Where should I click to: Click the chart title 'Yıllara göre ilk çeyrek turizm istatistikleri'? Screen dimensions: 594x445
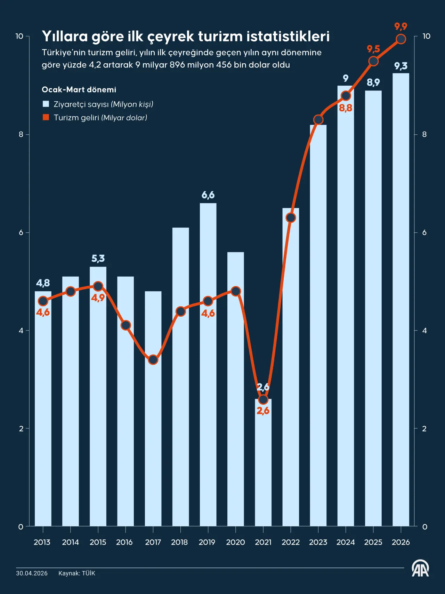tap(186, 36)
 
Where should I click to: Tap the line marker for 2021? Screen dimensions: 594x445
tap(263, 399)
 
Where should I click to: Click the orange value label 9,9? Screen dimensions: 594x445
tap(400, 26)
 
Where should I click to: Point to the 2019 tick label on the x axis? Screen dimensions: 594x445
tap(207, 542)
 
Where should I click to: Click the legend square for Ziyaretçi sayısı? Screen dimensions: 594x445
tap(46, 104)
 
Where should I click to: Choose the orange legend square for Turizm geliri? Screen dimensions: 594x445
tap(46, 117)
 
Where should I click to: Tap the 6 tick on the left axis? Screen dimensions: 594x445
tap(21, 232)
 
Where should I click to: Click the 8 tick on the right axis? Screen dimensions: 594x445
tap(424, 134)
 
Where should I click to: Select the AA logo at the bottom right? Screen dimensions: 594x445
tap(420, 569)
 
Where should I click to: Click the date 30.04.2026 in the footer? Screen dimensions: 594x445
tap(32, 573)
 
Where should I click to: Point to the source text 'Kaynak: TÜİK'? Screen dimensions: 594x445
tap(76, 573)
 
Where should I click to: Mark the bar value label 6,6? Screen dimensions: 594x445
tap(208, 195)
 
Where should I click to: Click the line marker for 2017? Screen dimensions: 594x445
tap(153, 359)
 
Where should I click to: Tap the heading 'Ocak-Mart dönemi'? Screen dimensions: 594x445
tap(79, 89)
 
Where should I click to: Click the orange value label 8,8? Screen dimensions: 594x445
tap(346, 108)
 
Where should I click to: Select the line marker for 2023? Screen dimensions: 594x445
tap(318, 120)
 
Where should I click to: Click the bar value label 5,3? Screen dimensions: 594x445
tap(98, 259)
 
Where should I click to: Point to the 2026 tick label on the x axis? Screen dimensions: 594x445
tap(400, 542)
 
